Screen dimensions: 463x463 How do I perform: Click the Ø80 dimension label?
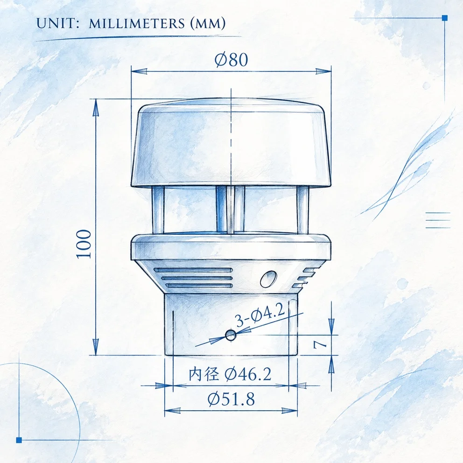pos(231,60)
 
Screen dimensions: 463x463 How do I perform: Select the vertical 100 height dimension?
pos(84,244)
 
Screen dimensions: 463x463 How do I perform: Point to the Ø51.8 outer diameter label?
pos(231,399)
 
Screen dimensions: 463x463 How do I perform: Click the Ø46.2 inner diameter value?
pos(248,374)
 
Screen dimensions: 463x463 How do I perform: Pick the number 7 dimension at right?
pos(320,344)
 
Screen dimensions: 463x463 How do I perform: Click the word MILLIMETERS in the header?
pos(137,23)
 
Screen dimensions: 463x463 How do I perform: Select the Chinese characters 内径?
pos(204,374)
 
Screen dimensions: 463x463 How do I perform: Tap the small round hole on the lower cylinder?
pos(231,335)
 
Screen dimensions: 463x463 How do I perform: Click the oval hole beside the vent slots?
pos(268,279)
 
